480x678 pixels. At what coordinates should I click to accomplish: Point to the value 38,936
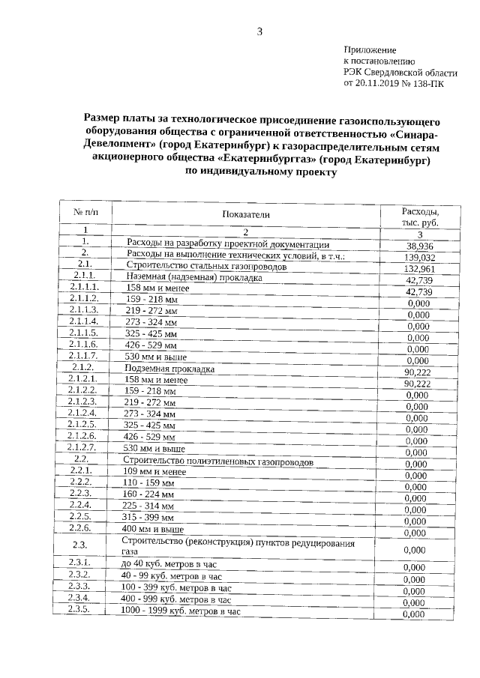click(420, 246)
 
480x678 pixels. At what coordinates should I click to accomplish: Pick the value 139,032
click(420, 257)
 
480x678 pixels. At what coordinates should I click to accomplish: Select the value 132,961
click(420, 268)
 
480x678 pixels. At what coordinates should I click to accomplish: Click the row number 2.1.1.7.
click(84, 355)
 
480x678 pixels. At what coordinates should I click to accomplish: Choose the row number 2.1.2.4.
click(83, 413)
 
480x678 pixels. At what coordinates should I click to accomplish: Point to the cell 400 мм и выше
click(154, 529)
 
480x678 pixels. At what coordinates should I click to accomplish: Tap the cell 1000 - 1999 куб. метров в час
click(180, 611)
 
